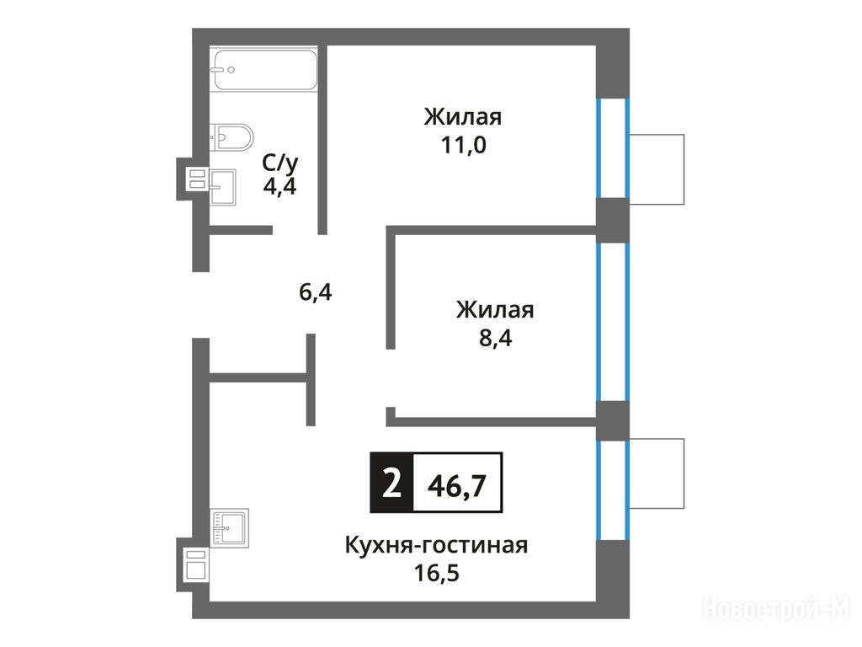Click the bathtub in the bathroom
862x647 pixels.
tap(265, 70)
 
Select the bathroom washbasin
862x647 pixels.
tap(222, 187)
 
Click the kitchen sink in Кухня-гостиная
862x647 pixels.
tap(231, 527)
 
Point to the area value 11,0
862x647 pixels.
tap(463, 145)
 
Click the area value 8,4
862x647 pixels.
tap(495, 338)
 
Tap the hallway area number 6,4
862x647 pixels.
tap(315, 291)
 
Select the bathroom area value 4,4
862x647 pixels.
tap(279, 186)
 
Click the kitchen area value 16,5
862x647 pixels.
tap(437, 573)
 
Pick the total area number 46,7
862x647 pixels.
tap(457, 486)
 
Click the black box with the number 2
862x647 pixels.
tap(391, 483)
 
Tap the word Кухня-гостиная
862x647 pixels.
tap(437, 546)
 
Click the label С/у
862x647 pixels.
tap(279, 163)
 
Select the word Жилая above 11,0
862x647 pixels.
tap(463, 117)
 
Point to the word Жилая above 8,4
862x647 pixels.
tap(495, 310)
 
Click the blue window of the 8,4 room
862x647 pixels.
tap(613, 322)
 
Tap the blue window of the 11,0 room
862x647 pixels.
tap(613, 148)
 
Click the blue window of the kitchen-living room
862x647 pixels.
tap(613, 490)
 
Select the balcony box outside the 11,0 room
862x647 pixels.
tap(657, 169)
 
